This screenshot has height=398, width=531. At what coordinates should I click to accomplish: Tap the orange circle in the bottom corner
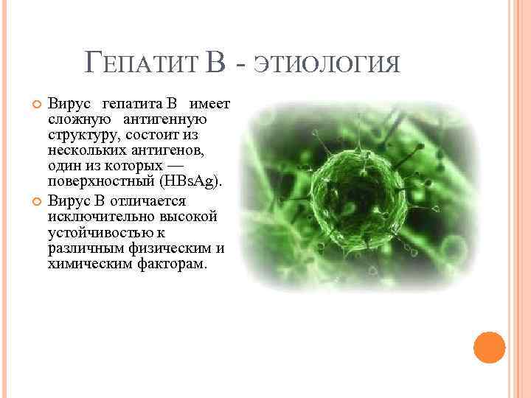click(x=489, y=346)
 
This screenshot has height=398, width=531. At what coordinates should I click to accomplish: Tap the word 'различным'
click(x=82, y=248)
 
